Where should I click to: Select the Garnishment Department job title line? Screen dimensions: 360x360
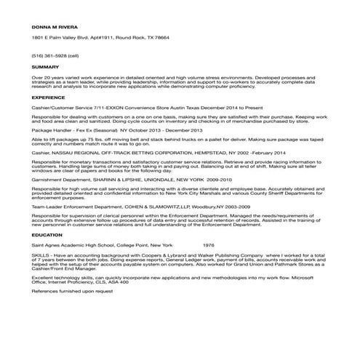coord(69,178)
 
